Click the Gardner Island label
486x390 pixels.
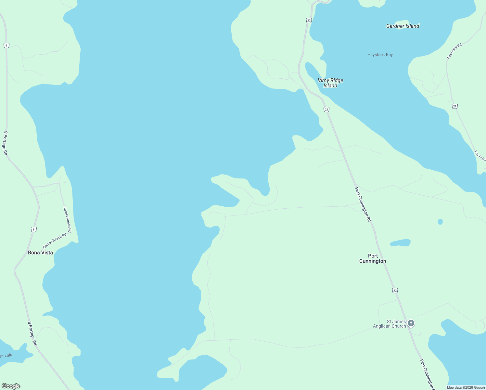tap(403, 26)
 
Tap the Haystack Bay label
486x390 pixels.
tap(380, 55)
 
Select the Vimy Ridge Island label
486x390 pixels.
tap(330, 83)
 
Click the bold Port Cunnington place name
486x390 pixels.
tap(373, 258)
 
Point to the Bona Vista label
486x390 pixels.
tap(40, 253)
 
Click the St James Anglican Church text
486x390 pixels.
tap(389, 324)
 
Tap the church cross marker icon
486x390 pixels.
tap(411, 323)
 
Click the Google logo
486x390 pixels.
tap(11, 386)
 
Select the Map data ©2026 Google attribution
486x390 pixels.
tap(466, 387)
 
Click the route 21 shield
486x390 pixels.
tap(455, 106)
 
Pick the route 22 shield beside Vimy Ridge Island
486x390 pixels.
tap(326, 110)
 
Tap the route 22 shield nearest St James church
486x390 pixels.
tap(395, 291)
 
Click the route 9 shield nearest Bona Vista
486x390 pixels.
tap(33, 229)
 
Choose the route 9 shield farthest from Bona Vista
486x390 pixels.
tap(6, 45)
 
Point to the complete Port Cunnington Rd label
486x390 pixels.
tap(363, 204)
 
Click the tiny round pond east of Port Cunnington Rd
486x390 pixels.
tap(440, 222)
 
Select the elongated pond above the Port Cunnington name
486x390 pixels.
tap(400, 243)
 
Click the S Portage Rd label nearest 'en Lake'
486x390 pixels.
tap(32, 333)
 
